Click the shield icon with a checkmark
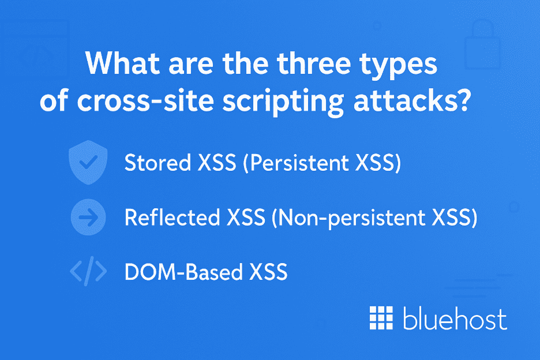(x=88, y=163)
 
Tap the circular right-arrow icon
(x=88, y=218)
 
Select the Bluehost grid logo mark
(x=381, y=318)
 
